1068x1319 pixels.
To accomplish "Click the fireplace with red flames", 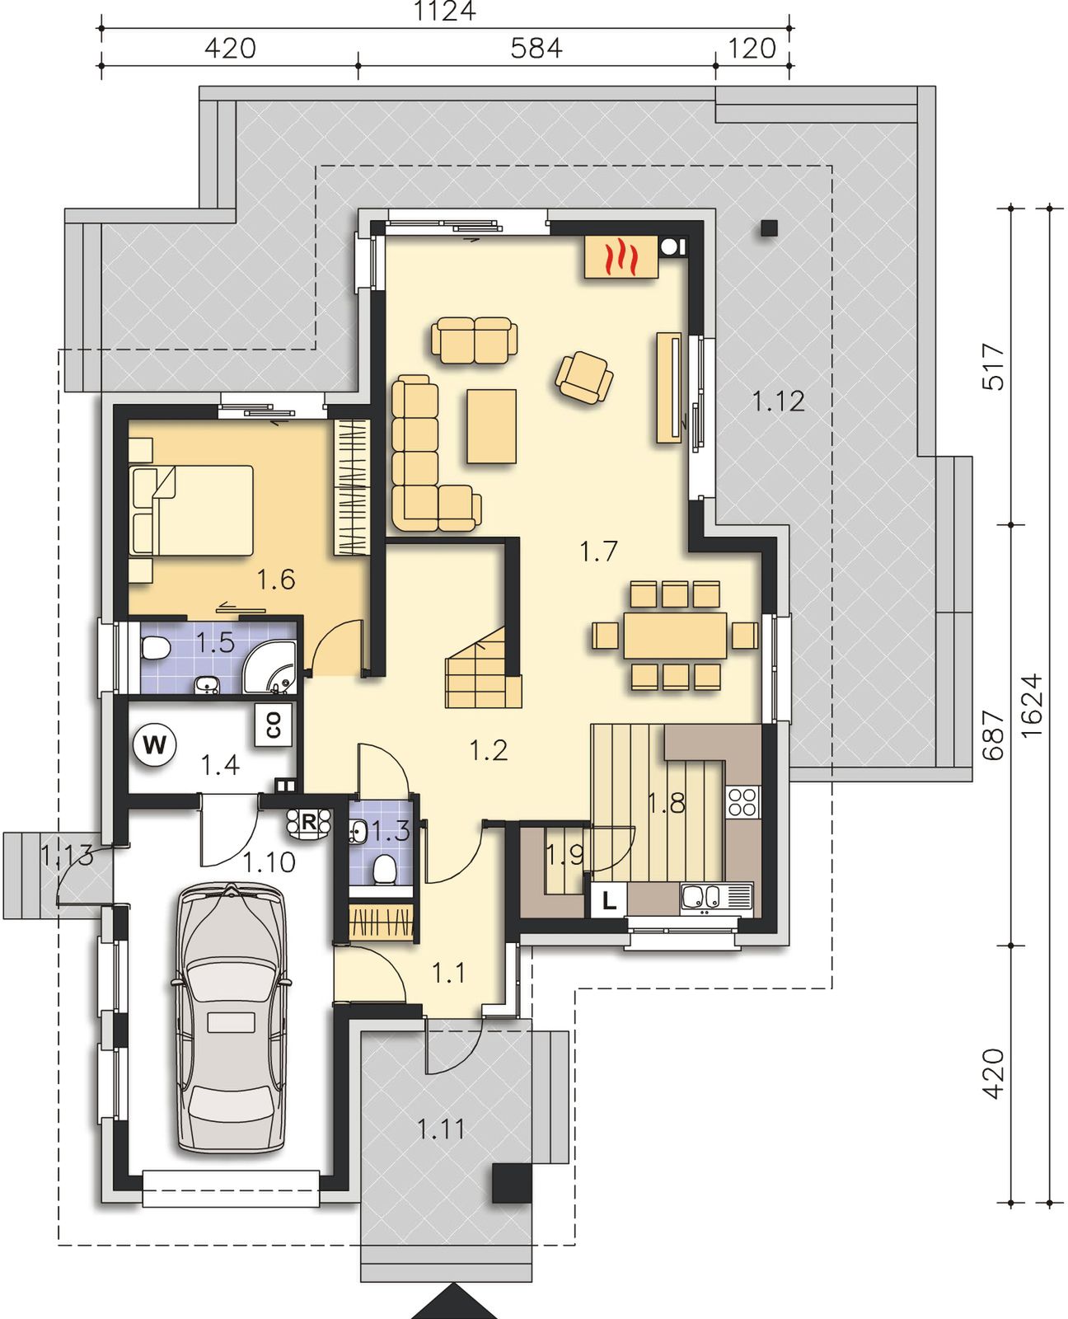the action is coord(621,257).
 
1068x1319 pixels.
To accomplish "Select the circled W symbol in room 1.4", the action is coord(154,744).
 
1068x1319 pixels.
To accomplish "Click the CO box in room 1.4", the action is coord(273,725).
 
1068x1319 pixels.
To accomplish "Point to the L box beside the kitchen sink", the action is coord(608,901).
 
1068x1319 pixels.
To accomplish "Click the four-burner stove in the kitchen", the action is coord(742,800).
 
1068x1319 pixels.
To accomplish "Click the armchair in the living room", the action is coord(583,377).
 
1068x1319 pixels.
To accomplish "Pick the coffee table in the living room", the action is coord(492,426).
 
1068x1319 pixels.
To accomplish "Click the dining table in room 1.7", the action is coord(675,636).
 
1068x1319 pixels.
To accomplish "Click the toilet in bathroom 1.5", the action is coord(156,650).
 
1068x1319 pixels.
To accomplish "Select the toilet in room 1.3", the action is coord(385,868).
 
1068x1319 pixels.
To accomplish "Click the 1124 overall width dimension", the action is coord(444,11).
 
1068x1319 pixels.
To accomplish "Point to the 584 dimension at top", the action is coord(536,49).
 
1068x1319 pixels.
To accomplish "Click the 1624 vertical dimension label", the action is coord(1032,705).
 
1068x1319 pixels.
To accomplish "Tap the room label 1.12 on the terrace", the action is coord(778,401).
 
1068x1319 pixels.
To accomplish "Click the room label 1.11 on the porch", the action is coord(440,1129).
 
